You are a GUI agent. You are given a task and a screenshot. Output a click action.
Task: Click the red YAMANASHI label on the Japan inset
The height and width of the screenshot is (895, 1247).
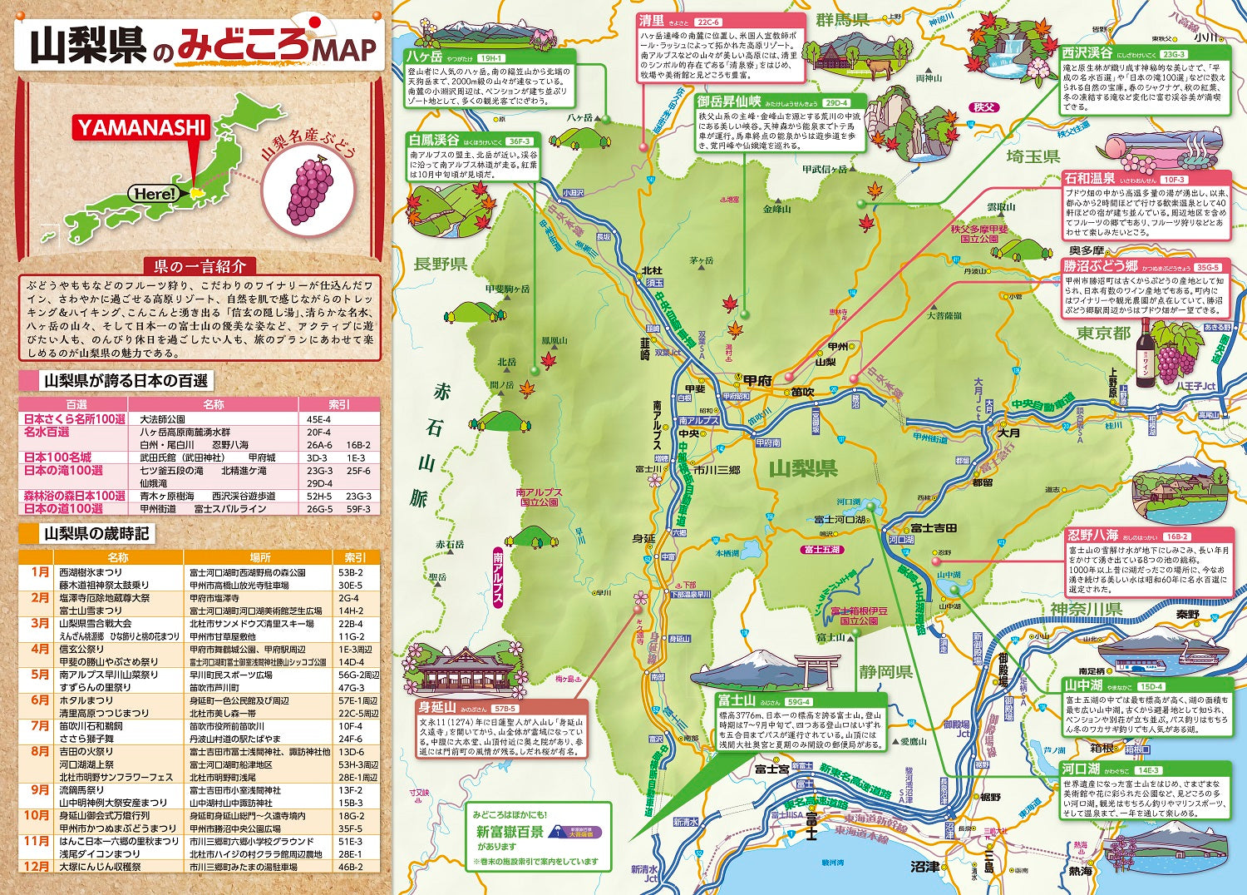[x=141, y=127]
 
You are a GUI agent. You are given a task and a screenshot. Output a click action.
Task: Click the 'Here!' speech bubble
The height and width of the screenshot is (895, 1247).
[x=155, y=194]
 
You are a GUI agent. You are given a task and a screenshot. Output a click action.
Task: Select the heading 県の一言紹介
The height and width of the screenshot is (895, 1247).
[x=200, y=267]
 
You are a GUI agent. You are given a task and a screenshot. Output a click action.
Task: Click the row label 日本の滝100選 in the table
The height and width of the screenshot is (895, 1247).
[x=63, y=471]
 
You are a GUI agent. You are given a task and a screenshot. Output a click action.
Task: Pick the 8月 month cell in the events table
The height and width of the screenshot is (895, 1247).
[x=40, y=751]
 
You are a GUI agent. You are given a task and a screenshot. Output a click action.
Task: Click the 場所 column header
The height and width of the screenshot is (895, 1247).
[x=259, y=557]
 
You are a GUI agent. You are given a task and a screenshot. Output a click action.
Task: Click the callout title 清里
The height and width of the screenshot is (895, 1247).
[x=652, y=21]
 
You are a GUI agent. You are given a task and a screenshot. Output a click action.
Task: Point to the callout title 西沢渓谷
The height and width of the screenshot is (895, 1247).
[x=1087, y=52]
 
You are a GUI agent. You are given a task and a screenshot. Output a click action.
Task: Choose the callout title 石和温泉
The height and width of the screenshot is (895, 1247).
[x=1090, y=179]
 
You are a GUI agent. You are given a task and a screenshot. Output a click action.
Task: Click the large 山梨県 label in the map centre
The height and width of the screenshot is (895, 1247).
[x=802, y=469]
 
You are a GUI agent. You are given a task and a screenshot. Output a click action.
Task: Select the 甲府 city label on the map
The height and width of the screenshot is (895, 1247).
[x=757, y=380]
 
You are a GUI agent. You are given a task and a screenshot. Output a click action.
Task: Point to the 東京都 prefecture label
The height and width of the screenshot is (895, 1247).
[x=1103, y=333]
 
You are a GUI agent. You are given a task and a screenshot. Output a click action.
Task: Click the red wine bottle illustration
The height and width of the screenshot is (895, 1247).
[x=1146, y=353]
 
